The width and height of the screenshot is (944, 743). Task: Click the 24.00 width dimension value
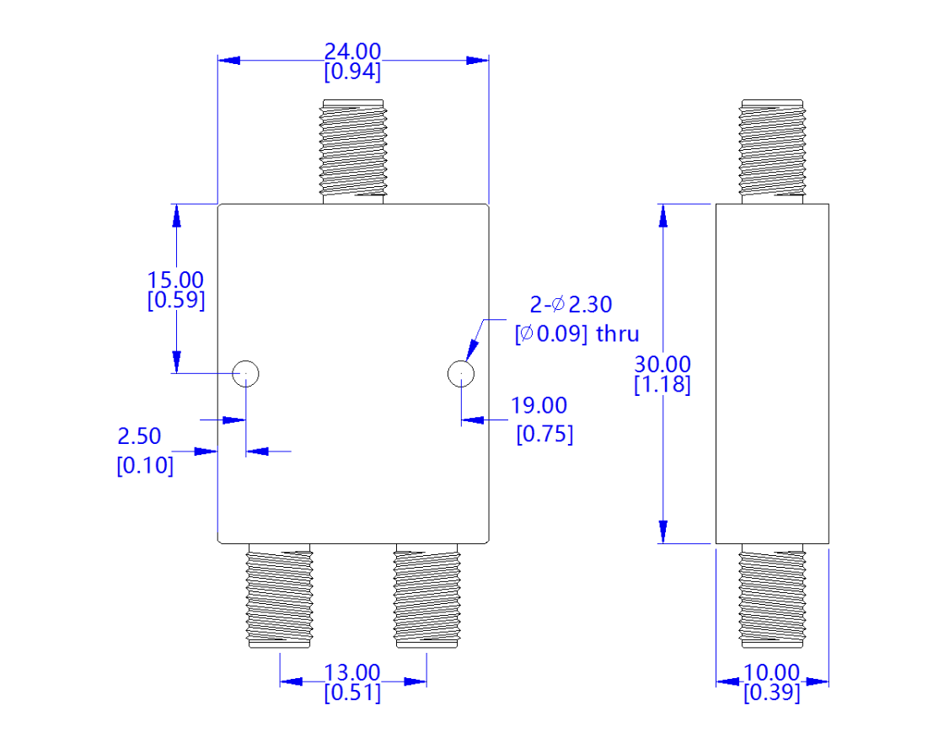click(x=352, y=52)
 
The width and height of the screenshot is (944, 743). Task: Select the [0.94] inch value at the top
click(x=352, y=72)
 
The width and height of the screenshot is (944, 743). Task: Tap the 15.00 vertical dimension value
click(x=175, y=280)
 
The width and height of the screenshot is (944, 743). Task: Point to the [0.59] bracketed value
click(x=175, y=301)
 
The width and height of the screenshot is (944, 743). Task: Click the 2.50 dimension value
click(x=139, y=436)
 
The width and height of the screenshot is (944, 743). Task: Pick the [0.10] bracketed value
click(x=145, y=465)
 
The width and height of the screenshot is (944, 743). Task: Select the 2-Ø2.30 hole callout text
click(x=571, y=304)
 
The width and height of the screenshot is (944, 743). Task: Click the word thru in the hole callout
click(x=618, y=334)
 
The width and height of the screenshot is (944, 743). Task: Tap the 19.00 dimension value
click(x=539, y=406)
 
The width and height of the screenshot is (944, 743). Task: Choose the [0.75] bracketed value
click(x=544, y=435)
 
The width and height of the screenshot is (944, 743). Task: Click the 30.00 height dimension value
click(x=662, y=365)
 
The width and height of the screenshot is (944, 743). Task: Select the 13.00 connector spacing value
click(x=352, y=673)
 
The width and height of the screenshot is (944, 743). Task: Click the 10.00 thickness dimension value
click(x=771, y=673)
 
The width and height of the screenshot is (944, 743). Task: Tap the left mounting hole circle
click(x=245, y=372)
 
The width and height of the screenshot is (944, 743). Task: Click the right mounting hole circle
click(x=460, y=372)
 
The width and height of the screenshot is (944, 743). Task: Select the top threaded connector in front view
click(x=353, y=150)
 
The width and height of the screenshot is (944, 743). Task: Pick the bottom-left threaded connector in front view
click(x=279, y=596)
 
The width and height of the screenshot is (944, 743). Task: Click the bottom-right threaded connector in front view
click(x=426, y=596)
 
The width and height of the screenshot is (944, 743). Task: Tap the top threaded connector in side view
click(x=772, y=150)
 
